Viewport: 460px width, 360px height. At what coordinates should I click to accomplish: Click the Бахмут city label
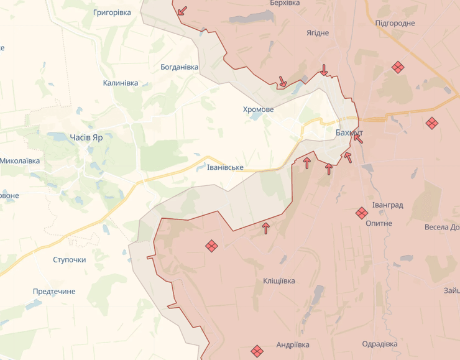(x=349, y=133)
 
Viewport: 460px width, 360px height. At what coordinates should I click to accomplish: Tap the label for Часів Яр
(x=86, y=137)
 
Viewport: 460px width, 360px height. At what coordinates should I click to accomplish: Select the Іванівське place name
(x=225, y=168)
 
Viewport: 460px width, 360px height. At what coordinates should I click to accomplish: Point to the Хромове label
(x=258, y=109)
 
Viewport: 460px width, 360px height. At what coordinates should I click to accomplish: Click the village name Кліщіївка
(x=275, y=281)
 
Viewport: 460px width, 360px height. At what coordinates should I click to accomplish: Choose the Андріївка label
(x=293, y=345)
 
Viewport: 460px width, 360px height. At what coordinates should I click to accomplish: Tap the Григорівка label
(x=112, y=12)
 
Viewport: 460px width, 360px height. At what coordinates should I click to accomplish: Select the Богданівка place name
(x=180, y=67)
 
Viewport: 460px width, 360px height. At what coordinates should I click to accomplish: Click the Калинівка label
(x=121, y=83)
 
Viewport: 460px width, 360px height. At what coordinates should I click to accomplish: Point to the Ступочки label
(x=70, y=259)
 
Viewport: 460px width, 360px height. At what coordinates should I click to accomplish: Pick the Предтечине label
(x=54, y=291)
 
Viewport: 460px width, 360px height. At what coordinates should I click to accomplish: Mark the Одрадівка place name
(x=380, y=344)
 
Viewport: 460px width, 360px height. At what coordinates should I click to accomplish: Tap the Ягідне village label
(x=318, y=32)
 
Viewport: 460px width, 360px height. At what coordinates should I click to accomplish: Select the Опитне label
(x=379, y=223)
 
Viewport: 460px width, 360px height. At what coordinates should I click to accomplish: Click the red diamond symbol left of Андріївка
(x=256, y=351)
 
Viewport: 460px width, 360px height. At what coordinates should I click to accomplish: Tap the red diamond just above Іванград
(x=362, y=213)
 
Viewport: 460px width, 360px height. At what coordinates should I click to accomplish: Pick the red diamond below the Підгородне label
(x=398, y=67)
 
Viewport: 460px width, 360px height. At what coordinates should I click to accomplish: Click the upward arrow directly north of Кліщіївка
(x=266, y=228)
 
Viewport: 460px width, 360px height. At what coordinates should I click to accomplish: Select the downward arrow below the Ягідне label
(x=324, y=70)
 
